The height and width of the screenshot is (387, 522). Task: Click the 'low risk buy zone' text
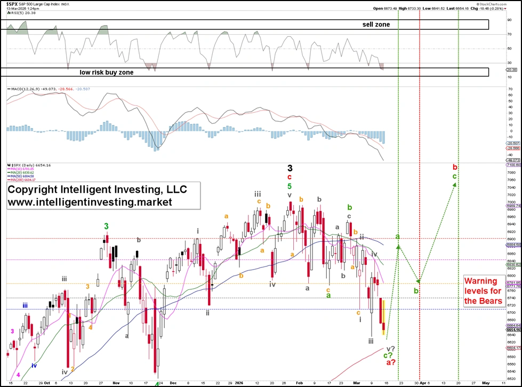point(106,72)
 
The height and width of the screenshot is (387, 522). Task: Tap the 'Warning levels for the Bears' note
point(483,291)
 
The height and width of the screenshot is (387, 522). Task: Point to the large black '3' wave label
point(290,168)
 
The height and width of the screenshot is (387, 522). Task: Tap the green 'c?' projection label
point(389,356)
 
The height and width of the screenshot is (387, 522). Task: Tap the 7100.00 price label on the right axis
point(513,165)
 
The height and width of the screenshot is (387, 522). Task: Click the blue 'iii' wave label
point(26,305)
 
